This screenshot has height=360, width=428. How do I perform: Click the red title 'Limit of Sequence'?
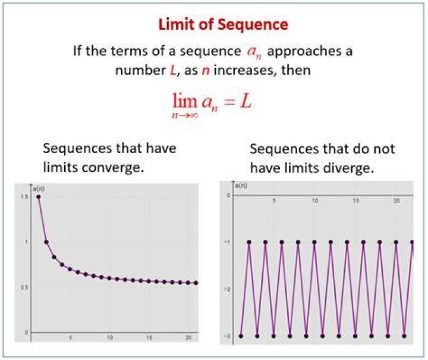click(223, 24)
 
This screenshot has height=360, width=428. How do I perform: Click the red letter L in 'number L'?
click(172, 70)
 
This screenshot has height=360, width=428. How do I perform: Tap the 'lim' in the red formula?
click(185, 101)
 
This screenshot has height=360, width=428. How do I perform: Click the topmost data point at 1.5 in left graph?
click(39, 197)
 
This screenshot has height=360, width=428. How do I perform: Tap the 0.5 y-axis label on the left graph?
click(24, 287)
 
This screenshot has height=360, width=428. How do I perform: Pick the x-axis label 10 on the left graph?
click(110, 337)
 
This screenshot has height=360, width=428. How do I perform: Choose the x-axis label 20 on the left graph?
click(188, 337)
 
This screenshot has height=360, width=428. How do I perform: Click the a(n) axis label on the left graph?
click(39, 189)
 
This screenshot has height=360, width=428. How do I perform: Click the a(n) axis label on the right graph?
click(241, 186)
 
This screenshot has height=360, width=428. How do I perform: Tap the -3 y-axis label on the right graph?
click(227, 336)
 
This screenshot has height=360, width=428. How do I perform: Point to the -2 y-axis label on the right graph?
click(227, 289)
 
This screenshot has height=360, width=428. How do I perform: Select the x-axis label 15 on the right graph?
click(355, 201)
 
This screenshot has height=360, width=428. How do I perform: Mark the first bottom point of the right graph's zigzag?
click(241, 336)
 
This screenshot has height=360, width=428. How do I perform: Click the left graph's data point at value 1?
click(46, 242)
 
